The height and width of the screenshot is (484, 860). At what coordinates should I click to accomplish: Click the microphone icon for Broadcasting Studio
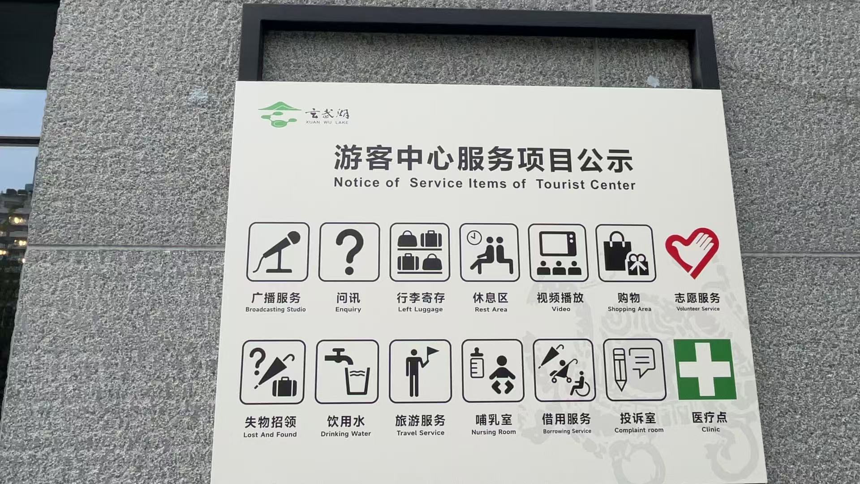278,252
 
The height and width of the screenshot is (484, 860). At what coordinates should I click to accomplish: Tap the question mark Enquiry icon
349,252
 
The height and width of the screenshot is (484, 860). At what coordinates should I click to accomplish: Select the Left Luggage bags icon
420,252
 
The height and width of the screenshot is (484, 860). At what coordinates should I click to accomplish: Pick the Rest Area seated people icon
490,253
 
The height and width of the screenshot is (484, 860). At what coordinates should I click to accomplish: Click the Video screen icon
558,253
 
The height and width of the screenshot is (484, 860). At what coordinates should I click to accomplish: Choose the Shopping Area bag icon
626,253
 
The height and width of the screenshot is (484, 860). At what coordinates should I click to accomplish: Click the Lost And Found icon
273,372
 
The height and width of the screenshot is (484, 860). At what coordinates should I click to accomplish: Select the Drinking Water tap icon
347,372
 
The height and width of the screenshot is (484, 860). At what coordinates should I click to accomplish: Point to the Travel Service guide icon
420,371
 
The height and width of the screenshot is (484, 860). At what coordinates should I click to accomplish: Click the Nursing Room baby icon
493,371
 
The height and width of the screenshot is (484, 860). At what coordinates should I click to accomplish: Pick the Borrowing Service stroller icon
564,370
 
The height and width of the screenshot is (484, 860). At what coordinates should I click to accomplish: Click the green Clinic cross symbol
705,369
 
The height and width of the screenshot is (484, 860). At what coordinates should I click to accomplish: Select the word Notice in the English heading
357,182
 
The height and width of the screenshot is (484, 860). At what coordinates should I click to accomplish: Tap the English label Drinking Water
346,434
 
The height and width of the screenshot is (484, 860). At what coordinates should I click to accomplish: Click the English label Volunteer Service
698,309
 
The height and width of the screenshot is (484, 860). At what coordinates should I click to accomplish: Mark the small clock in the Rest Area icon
474,238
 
